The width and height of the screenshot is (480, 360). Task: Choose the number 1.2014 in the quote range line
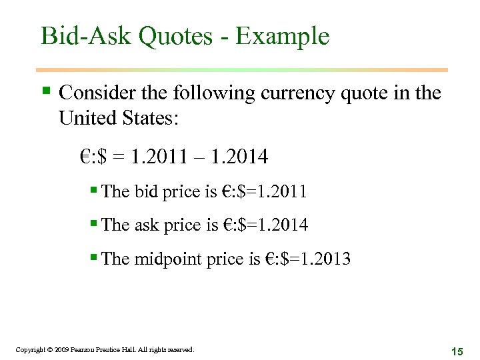[239, 157]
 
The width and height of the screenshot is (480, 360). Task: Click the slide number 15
[457, 351]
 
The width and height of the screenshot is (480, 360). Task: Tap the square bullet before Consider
[45, 90]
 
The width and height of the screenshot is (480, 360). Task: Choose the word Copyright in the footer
[29, 349]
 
